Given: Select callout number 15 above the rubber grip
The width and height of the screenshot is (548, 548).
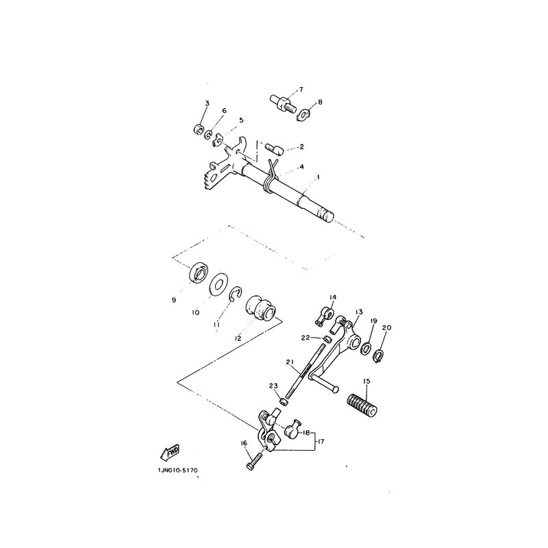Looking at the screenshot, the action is pos(366,381).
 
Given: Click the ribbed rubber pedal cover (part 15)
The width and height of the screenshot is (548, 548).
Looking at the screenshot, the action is pos(362,406).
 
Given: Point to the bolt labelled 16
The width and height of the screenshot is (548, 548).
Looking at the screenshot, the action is pos(254,462).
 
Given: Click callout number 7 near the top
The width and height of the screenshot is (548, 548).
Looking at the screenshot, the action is pos(301,89).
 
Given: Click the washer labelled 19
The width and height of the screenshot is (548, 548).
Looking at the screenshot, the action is pos(366,349).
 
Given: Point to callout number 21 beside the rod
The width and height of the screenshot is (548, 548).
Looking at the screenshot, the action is pos(289,362).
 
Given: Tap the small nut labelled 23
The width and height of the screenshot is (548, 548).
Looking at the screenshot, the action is pos(284,401).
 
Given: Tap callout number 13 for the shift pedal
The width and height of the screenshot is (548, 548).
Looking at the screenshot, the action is pos(359,312).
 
